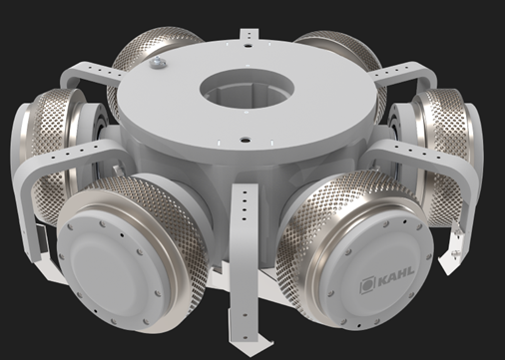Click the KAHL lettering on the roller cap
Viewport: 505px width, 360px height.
pyautogui.click(x=396, y=277)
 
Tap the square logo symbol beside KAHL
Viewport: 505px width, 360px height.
pyautogui.click(x=367, y=286)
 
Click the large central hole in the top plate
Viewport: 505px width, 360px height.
pyautogui.click(x=247, y=88)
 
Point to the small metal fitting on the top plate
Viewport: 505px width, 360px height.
pyautogui.click(x=156, y=62)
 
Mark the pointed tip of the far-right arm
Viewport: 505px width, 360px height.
pyautogui.click(x=446, y=266)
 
